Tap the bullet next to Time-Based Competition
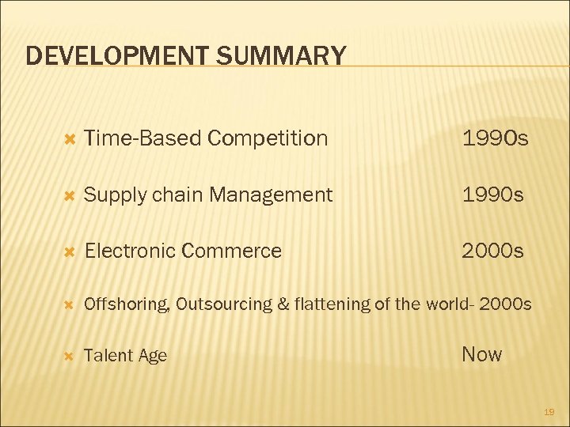tap(68, 138)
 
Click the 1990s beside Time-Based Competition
tap(496, 138)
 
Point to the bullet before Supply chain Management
tap(68, 195)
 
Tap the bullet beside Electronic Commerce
tap(68, 251)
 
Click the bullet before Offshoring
tap(68, 304)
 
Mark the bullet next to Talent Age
tap(68, 356)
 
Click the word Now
tap(481, 354)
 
